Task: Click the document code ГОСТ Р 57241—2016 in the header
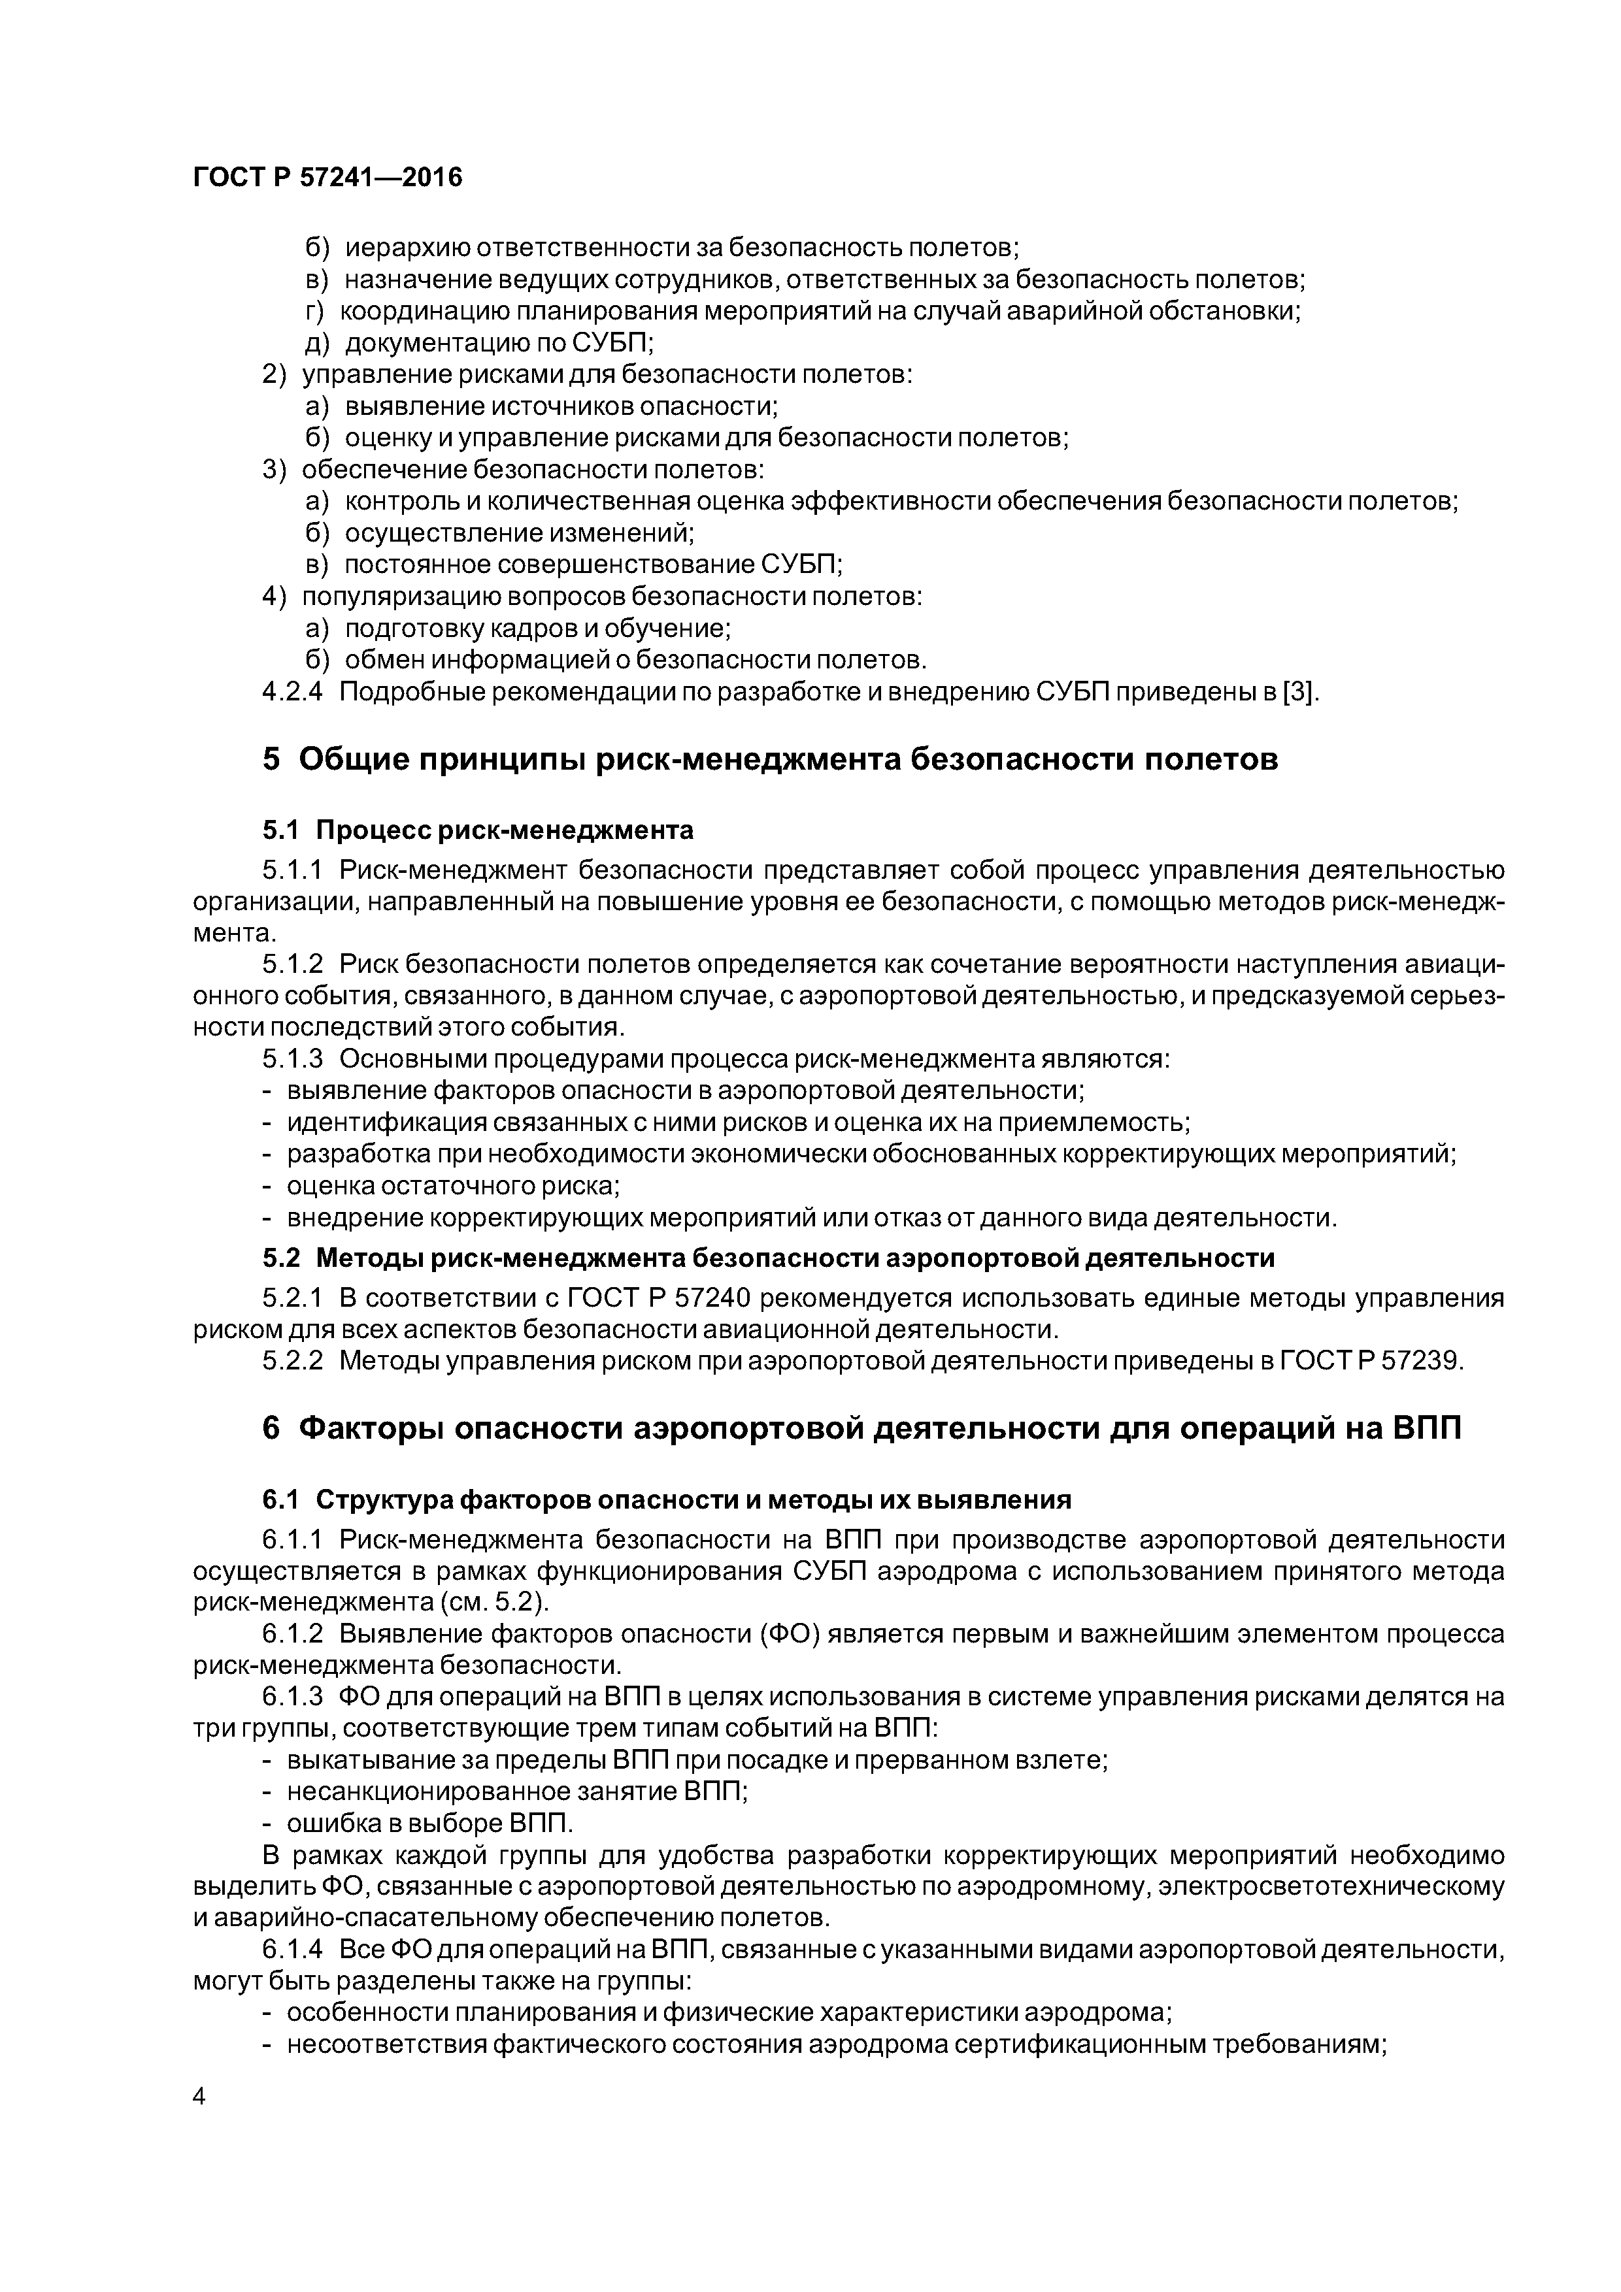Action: click(327, 178)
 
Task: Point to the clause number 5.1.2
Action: click(293, 964)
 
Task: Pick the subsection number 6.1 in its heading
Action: click(280, 1499)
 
